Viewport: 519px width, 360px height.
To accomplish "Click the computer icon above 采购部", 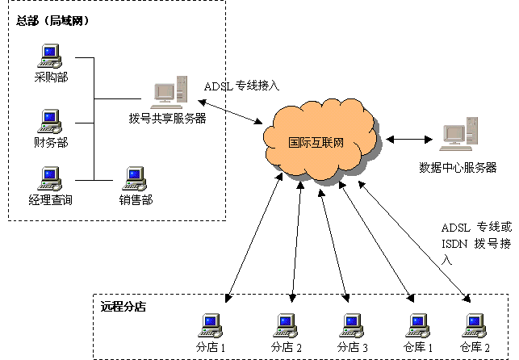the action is [x=50, y=56].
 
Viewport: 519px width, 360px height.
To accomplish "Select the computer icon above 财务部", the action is [x=50, y=121].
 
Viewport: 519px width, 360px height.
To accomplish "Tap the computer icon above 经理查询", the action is [x=50, y=178].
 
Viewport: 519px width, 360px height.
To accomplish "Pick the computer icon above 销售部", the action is [x=134, y=178].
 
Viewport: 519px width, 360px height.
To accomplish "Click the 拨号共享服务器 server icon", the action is [x=170, y=92].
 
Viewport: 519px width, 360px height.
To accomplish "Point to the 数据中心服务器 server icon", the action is [x=458, y=134].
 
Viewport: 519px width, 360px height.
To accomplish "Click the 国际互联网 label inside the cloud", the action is [x=316, y=143].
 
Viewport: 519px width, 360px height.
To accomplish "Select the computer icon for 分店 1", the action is [x=211, y=325].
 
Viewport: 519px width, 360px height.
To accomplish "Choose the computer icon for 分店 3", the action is [x=352, y=325].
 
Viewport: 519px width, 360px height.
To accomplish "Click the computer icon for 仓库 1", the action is [x=418, y=325].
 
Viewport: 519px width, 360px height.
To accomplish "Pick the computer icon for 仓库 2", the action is [x=474, y=325].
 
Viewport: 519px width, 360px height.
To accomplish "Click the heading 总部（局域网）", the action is [x=52, y=21].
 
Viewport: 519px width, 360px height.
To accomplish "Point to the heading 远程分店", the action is [x=123, y=307].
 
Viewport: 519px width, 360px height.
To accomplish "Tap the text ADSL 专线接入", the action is [x=241, y=86].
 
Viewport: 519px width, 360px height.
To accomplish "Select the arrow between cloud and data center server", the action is [x=409, y=140].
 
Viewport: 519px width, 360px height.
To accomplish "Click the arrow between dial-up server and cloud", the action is [x=230, y=112].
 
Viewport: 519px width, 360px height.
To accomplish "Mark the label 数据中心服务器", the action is [x=458, y=167].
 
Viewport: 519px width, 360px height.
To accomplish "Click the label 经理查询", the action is [x=50, y=200].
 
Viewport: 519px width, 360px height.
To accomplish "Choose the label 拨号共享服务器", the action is [x=167, y=118].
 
